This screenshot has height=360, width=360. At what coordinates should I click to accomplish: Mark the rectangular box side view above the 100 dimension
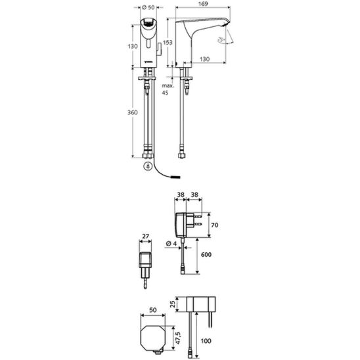[x=198, y=304]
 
